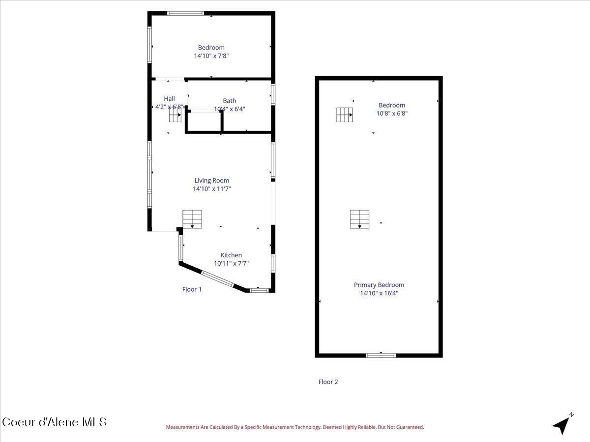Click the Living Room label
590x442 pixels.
[x=211, y=180]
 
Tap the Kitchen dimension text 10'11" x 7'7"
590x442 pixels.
[x=231, y=263]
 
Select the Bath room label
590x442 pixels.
[x=229, y=101]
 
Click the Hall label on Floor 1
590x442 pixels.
[x=169, y=99]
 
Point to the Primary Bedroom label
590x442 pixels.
[x=379, y=285]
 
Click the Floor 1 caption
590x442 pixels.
[x=192, y=289]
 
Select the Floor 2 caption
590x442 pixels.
[x=328, y=382]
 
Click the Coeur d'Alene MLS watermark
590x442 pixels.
[x=54, y=422]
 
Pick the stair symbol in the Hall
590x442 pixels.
[x=176, y=115]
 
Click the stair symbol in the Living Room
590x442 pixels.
[x=192, y=219]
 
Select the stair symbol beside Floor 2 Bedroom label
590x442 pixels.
[x=345, y=114]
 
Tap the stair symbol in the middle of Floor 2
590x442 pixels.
[x=359, y=219]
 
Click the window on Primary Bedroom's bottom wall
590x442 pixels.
[x=381, y=355]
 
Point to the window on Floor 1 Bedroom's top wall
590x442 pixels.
[x=185, y=13]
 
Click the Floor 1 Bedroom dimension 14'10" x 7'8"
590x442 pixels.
[x=211, y=56]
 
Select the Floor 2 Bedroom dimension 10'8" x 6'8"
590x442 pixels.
[x=392, y=113]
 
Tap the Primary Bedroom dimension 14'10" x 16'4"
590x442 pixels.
[x=379, y=293]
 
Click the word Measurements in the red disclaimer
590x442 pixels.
[x=182, y=427]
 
